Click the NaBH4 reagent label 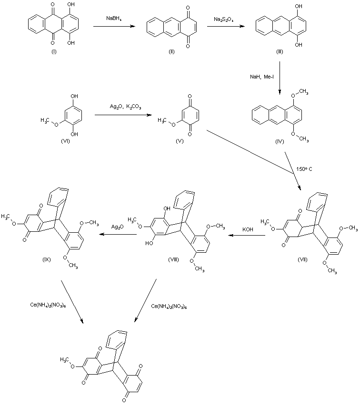tap(114, 19)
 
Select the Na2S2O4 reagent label tap(224, 19)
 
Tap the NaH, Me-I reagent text tap(262, 77)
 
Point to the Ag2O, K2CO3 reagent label tap(125, 107)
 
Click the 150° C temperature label tap(304, 169)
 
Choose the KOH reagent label tap(248, 229)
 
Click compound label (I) tap(54, 51)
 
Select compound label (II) tap(172, 51)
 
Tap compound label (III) tap(280, 51)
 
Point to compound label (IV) tap(280, 142)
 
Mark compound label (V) tap(180, 141)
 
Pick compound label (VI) tap(65, 141)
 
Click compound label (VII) tap(302, 259)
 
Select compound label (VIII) tap(173, 259)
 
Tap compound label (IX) tap(47, 259)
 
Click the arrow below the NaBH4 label tap(114, 26)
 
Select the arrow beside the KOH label tap(247, 236)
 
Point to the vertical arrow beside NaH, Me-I tap(280, 78)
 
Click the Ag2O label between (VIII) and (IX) tap(118, 227)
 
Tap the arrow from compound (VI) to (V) tap(123, 115)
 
